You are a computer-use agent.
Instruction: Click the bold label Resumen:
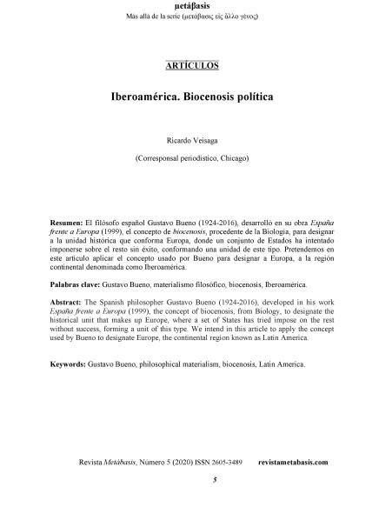click(x=67, y=223)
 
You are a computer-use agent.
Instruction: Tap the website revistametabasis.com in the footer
click(x=293, y=462)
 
